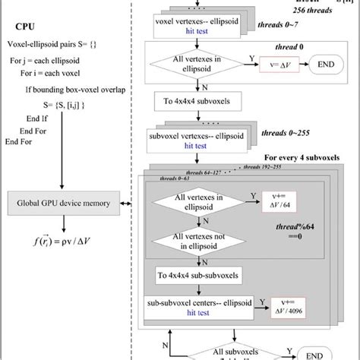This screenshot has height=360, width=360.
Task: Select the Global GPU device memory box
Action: tap(67, 203)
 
